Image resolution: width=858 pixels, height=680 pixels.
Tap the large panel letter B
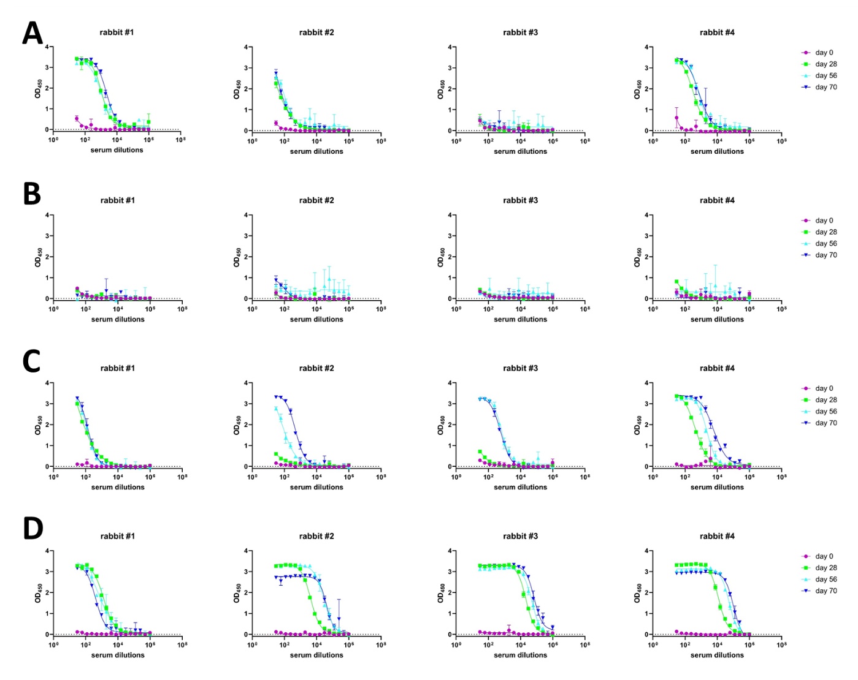pos(32,194)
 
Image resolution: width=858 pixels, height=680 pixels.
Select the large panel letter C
pos(31,361)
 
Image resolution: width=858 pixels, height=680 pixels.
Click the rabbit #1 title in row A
pos(117,32)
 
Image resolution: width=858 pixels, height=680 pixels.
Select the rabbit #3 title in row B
pos(520,200)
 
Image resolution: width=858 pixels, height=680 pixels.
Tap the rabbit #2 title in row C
pos(316,368)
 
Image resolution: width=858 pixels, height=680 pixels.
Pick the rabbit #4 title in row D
pos(717,536)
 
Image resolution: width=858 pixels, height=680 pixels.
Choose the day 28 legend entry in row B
pos(825,232)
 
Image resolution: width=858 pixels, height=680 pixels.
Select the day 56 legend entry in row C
pos(825,412)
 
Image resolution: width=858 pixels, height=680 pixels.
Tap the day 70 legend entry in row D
pos(825,591)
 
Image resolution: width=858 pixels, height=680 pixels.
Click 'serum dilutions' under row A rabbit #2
pos(316,151)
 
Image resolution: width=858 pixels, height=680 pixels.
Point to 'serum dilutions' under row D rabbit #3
pos(520,655)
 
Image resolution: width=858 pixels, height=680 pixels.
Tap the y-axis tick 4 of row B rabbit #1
pos(48,215)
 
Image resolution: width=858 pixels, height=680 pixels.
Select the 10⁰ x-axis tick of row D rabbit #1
pos(54,644)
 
